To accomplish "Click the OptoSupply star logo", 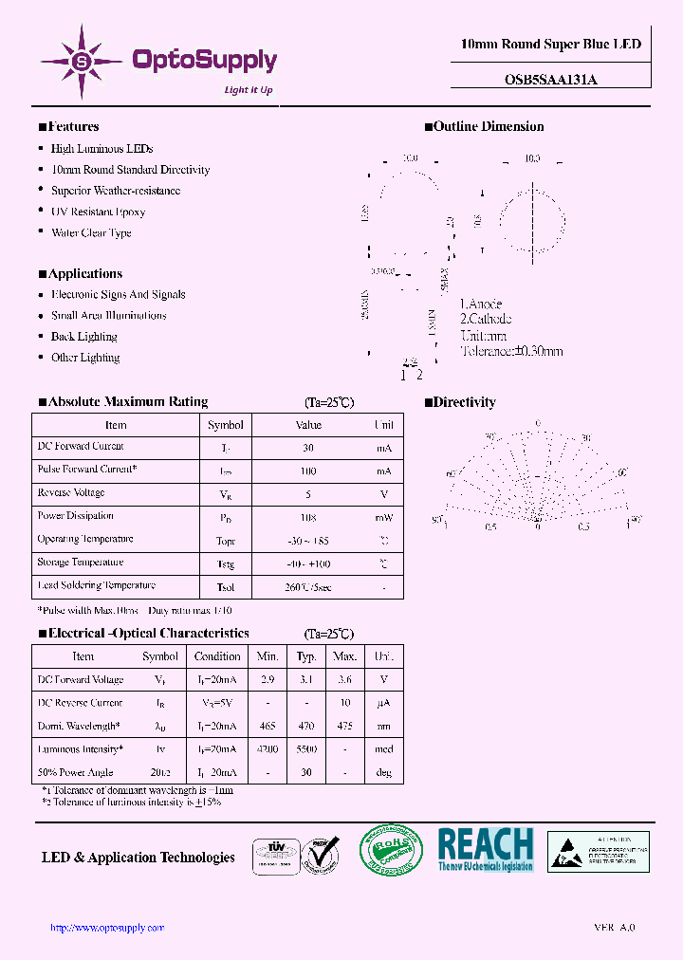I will point(82,62).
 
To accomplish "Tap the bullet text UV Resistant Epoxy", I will point(98,212).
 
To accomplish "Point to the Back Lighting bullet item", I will point(83,337).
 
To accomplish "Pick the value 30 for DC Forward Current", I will point(308,448).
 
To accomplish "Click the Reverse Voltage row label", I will point(71,493).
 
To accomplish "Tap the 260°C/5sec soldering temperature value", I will point(308,587).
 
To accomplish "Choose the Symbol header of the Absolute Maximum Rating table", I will point(226,425).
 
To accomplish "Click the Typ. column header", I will point(306,656).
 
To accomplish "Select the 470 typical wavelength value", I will point(306,727).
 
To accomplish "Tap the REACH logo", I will point(486,849).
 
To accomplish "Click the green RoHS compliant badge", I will point(391,849).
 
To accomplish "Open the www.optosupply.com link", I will point(107,928).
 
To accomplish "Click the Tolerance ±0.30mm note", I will point(511,351).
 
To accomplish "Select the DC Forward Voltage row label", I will point(81,680).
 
